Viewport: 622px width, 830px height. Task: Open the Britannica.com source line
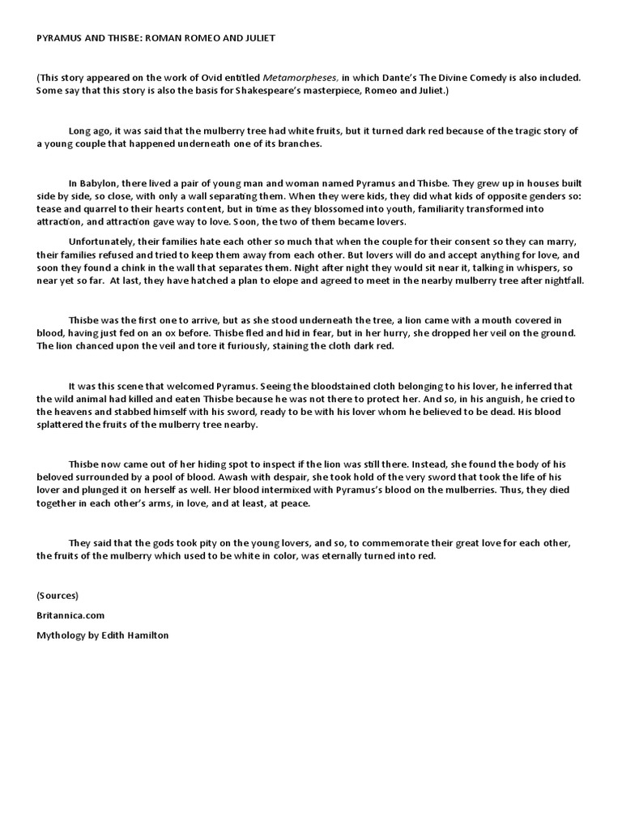[x=70, y=615]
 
